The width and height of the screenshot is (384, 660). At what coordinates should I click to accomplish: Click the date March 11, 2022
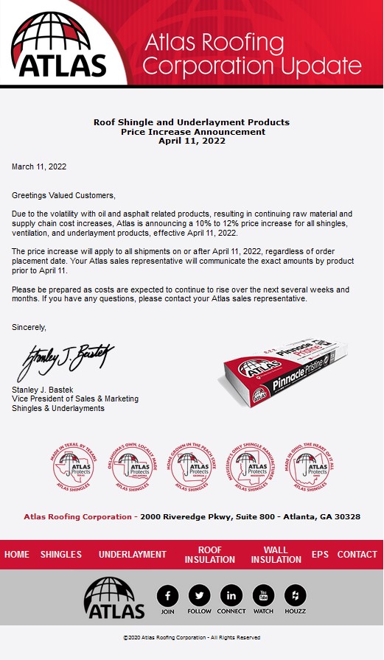tap(39, 167)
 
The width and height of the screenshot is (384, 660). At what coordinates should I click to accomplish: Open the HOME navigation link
tap(17, 555)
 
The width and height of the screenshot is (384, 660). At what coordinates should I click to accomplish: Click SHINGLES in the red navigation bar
tap(61, 555)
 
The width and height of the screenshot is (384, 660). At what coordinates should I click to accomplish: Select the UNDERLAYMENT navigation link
tap(133, 555)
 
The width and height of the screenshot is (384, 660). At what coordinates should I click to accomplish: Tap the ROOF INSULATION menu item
tap(210, 555)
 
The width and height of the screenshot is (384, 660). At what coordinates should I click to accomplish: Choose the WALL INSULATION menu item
tap(276, 555)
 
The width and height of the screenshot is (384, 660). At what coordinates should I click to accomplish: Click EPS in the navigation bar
tap(320, 555)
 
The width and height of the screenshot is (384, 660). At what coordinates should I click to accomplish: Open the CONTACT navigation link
tap(357, 555)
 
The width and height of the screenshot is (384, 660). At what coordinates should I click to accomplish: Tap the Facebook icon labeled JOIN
tap(168, 595)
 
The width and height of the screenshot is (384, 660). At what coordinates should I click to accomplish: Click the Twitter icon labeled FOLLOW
tap(199, 595)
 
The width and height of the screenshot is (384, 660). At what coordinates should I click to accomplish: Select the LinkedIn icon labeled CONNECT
tap(231, 595)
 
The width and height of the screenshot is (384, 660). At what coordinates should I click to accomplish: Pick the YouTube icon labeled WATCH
tap(263, 595)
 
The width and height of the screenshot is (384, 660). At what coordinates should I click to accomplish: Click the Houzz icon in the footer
tap(295, 595)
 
